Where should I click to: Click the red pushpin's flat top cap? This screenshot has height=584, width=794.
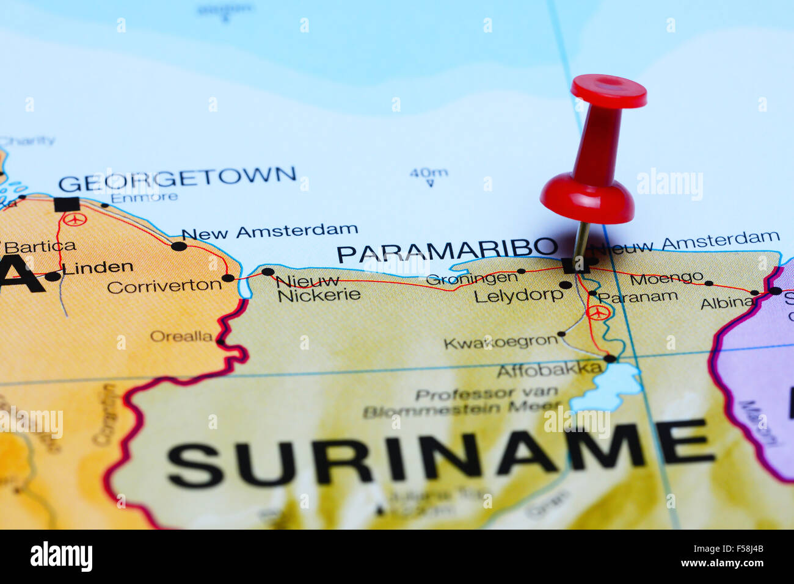tap(608, 92)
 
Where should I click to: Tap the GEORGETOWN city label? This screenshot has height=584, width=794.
tap(177, 179)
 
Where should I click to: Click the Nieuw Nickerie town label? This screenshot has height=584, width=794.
tap(318, 289)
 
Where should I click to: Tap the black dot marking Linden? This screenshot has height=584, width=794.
tap(53, 276)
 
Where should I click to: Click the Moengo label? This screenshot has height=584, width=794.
tap(666, 279)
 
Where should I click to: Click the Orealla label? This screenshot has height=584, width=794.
tap(181, 336)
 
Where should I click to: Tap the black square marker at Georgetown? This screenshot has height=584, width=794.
tap(67, 204)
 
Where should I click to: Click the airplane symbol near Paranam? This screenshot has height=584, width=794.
tap(598, 312)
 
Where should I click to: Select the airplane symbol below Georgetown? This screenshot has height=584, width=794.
tap(75, 219)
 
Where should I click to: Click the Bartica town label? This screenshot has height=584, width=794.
tap(40, 247)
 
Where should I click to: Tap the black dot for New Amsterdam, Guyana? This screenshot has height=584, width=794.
tap(178, 246)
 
